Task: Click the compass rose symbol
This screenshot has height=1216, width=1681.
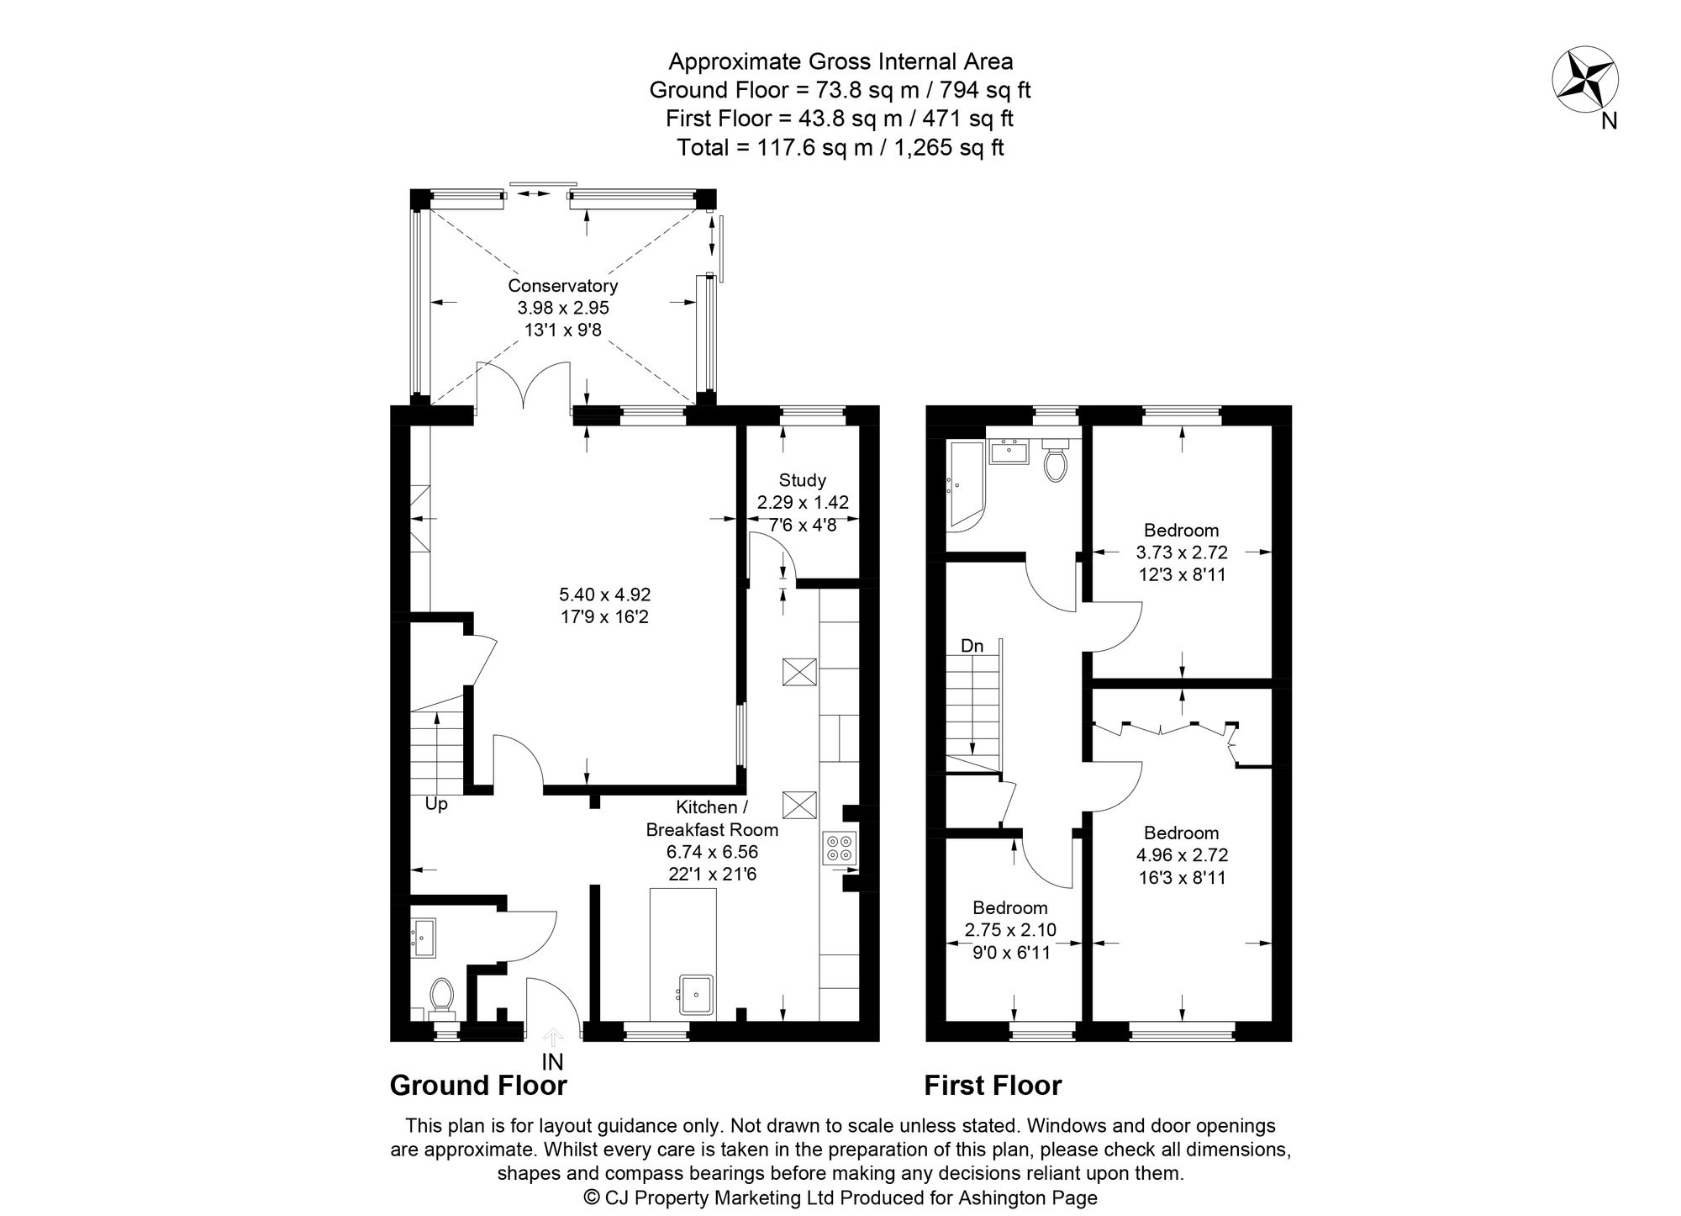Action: (1584, 80)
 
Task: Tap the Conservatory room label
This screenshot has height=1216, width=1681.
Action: (562, 287)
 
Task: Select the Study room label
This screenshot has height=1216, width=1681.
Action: (802, 480)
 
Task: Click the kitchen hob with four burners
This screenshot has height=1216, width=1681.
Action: (840, 848)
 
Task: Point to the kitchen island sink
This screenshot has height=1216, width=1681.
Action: (697, 995)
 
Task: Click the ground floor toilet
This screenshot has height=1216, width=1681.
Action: (440, 996)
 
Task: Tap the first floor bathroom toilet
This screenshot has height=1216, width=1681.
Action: (1055, 461)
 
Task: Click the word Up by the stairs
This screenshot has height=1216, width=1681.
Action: (435, 804)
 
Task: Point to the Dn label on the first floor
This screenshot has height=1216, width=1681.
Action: (972, 646)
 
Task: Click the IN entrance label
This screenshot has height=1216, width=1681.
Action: (552, 1062)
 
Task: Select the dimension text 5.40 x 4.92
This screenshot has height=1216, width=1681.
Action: (604, 595)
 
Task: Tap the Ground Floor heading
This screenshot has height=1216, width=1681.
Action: (478, 1086)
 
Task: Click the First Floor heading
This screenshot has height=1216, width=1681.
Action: (993, 1086)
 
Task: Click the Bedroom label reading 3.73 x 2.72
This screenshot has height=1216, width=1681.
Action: (1181, 531)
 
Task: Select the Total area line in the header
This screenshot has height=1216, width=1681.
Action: (840, 148)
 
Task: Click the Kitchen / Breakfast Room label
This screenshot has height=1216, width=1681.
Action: (711, 818)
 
